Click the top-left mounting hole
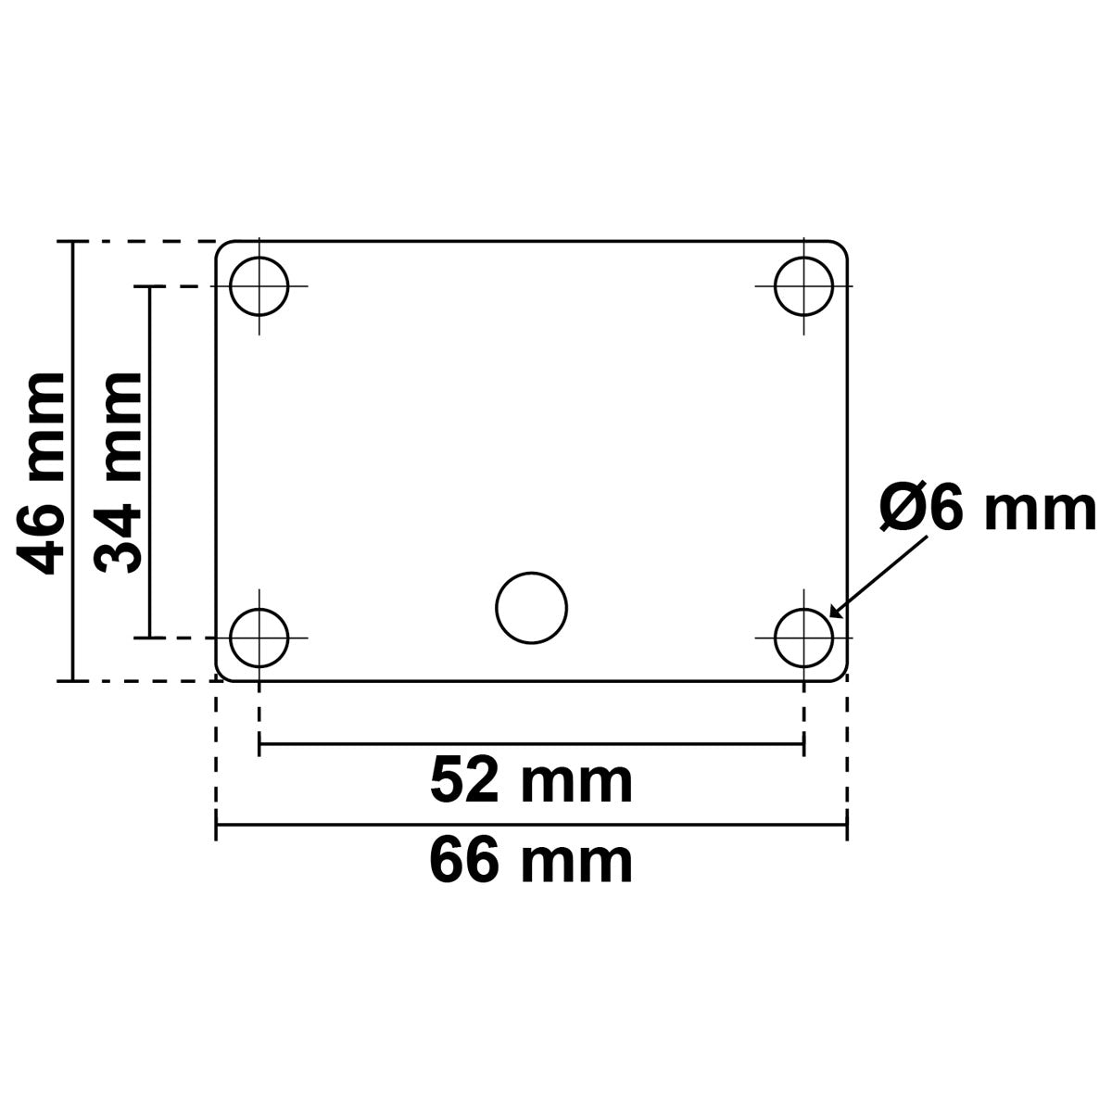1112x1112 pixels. coord(259,286)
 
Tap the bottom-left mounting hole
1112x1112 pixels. coord(259,638)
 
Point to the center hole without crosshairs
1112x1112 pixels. coord(532,607)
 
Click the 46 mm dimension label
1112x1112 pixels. coord(42,473)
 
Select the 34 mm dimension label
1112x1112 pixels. coord(120,473)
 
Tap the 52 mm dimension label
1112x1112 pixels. coord(531,780)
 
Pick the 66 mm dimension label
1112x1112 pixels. coord(531,861)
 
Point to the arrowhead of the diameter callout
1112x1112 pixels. coord(834,613)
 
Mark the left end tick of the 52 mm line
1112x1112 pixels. coord(259,743)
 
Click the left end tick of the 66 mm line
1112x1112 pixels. coord(217,824)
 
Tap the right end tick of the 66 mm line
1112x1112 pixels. coord(846,824)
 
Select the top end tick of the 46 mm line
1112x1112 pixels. coord(72,242)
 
